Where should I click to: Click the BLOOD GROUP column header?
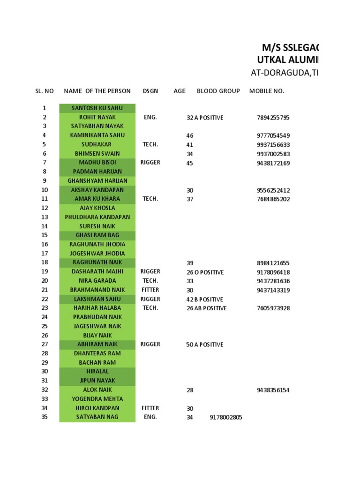coord(218,91)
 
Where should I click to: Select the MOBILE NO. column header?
coord(267,91)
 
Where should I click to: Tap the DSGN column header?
coord(150,91)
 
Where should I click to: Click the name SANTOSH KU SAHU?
coord(97,108)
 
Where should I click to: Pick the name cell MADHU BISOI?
coord(97,163)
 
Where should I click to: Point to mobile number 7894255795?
coord(273,118)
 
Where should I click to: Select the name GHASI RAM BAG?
coord(97,235)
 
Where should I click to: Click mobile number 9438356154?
coord(273,390)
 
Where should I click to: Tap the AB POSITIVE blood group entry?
coord(210,308)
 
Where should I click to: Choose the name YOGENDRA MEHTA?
coord(97,399)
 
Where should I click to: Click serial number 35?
coord(45,417)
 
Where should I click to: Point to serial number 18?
coord(45,262)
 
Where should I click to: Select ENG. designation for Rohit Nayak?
coord(150,117)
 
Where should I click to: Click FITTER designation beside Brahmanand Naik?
coord(150,290)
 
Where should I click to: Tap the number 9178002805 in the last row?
coord(226,417)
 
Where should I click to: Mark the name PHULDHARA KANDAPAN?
coord(97,217)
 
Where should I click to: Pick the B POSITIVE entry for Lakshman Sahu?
coord(209,300)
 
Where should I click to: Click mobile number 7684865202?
coord(273,199)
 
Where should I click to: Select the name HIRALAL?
coord(97,371)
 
